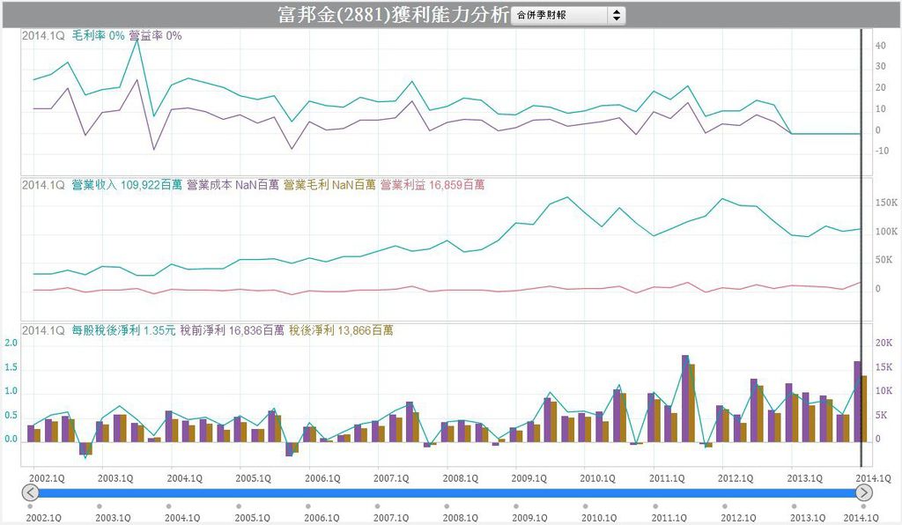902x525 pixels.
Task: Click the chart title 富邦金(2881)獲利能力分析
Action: tap(392, 15)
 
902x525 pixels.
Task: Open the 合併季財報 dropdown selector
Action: tap(568, 15)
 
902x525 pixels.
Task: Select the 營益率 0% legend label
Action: tap(155, 36)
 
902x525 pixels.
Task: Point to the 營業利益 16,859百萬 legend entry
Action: tap(433, 185)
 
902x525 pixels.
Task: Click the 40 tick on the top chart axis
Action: tap(879, 46)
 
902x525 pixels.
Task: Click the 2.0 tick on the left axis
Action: tap(11, 344)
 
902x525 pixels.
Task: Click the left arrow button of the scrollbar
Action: tap(30, 492)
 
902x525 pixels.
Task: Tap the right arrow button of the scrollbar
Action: tap(864, 492)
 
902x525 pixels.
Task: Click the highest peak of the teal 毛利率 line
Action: tap(137, 41)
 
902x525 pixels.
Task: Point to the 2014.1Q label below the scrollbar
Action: tap(861, 518)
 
